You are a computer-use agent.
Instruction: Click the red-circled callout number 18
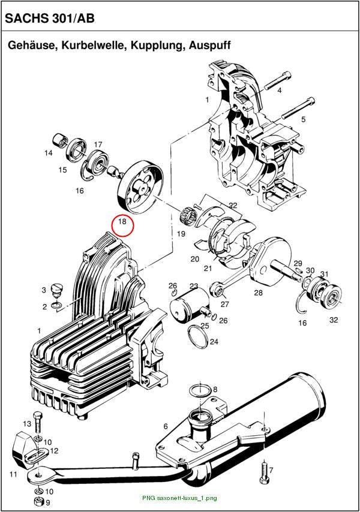tap(122, 222)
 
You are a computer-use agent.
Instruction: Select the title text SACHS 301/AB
tap(50, 19)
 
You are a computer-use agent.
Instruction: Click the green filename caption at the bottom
tap(179, 498)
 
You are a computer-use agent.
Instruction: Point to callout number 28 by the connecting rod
tap(259, 293)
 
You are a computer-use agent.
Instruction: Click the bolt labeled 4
tap(277, 80)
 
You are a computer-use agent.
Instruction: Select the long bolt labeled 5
tap(298, 108)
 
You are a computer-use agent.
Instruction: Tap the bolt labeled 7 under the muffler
tap(264, 472)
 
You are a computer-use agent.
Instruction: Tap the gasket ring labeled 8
tap(200, 390)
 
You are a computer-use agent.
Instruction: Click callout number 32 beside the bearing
tap(334, 320)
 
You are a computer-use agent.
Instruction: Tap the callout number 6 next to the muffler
tap(166, 426)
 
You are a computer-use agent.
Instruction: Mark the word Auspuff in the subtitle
tap(210, 45)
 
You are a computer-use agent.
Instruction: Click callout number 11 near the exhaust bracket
tap(13, 474)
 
